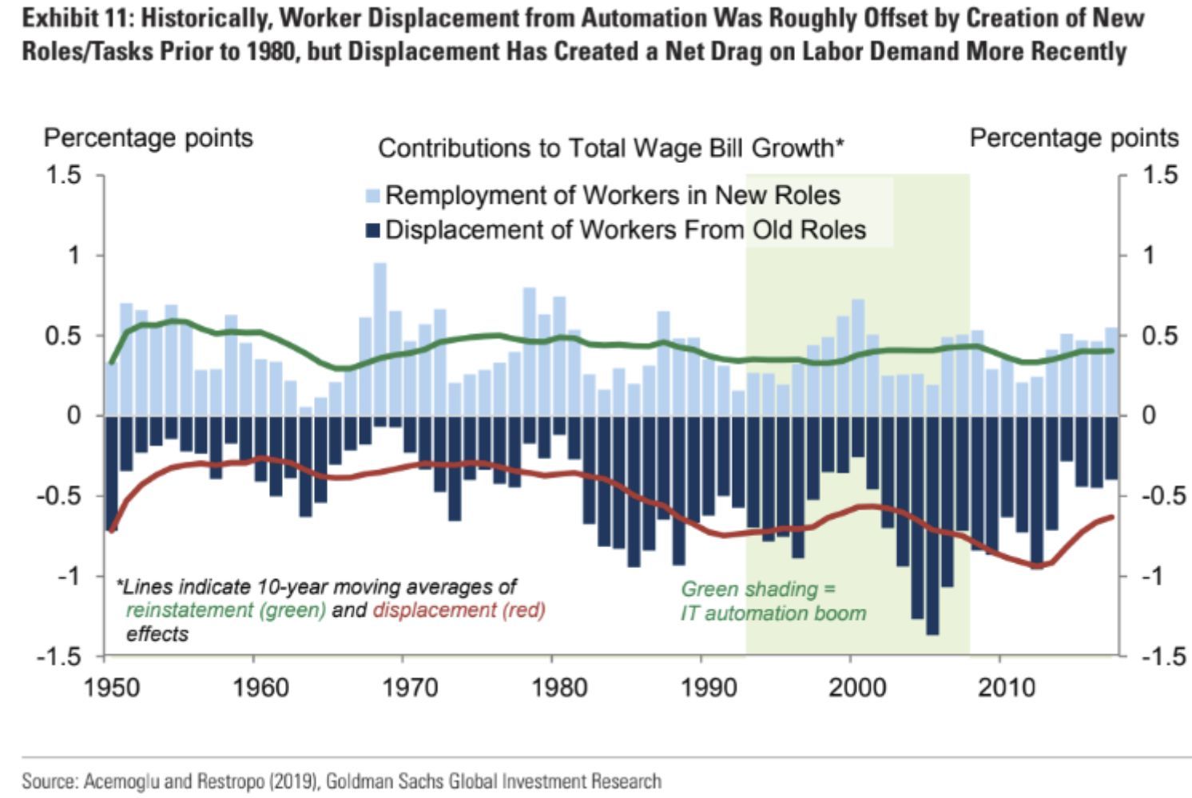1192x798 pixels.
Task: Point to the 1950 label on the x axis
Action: (x=111, y=687)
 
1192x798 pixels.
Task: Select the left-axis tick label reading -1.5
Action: (x=59, y=657)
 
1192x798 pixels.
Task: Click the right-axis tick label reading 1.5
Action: (x=1159, y=175)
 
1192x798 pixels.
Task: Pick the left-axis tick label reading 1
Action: (x=74, y=256)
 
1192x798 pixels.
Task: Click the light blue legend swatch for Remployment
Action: (x=373, y=196)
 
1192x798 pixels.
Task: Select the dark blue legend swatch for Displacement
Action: (x=373, y=230)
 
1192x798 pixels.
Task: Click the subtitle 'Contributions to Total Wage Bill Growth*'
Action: (x=611, y=149)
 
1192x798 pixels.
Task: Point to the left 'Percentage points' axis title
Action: (x=148, y=138)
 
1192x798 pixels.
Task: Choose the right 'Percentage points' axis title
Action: (x=1074, y=138)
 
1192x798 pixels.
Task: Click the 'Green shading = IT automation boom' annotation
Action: (x=773, y=601)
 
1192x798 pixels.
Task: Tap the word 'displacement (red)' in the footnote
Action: (x=459, y=611)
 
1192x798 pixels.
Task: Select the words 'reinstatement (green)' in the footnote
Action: (x=226, y=611)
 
